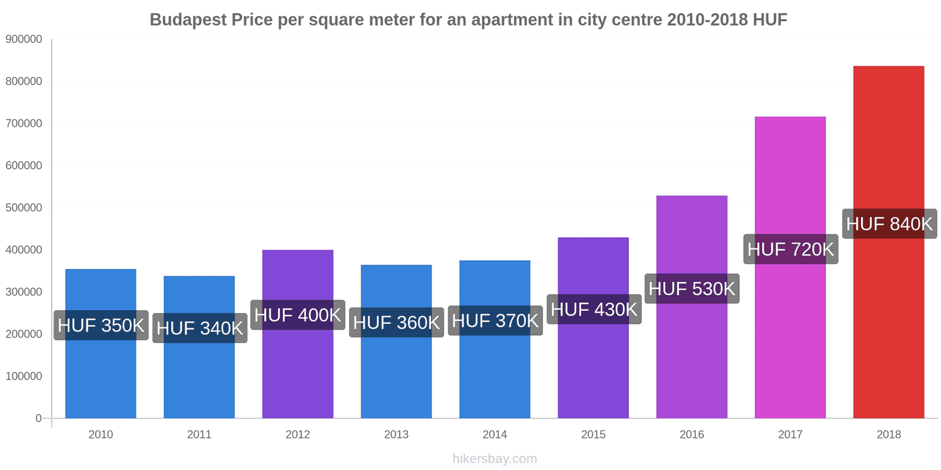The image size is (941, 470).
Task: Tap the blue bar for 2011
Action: pyautogui.click(x=199, y=376)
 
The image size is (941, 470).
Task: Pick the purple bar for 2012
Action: pyautogui.click(x=298, y=370)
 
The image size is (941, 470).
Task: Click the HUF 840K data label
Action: pyautogui.click(x=889, y=224)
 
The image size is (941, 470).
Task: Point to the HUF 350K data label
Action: pyautogui.click(x=101, y=325)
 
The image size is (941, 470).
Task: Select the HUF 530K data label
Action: pyautogui.click(x=692, y=289)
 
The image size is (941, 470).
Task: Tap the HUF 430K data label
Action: pyautogui.click(x=593, y=310)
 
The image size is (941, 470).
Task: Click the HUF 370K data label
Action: pyautogui.click(x=495, y=321)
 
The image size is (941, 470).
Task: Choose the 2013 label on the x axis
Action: pyautogui.click(x=396, y=435)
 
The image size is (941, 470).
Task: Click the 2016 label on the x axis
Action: pyautogui.click(x=692, y=435)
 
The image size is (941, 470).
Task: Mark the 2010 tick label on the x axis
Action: pyautogui.click(x=101, y=435)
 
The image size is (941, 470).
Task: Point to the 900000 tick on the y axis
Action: pyautogui.click(x=24, y=39)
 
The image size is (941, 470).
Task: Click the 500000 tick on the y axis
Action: pyautogui.click(x=24, y=208)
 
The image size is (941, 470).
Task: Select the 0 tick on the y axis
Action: pyautogui.click(x=39, y=418)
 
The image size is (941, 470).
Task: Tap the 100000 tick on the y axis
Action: pyautogui.click(x=24, y=376)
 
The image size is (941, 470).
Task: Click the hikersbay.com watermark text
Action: pyautogui.click(x=495, y=459)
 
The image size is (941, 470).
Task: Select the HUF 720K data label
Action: pyautogui.click(x=790, y=250)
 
